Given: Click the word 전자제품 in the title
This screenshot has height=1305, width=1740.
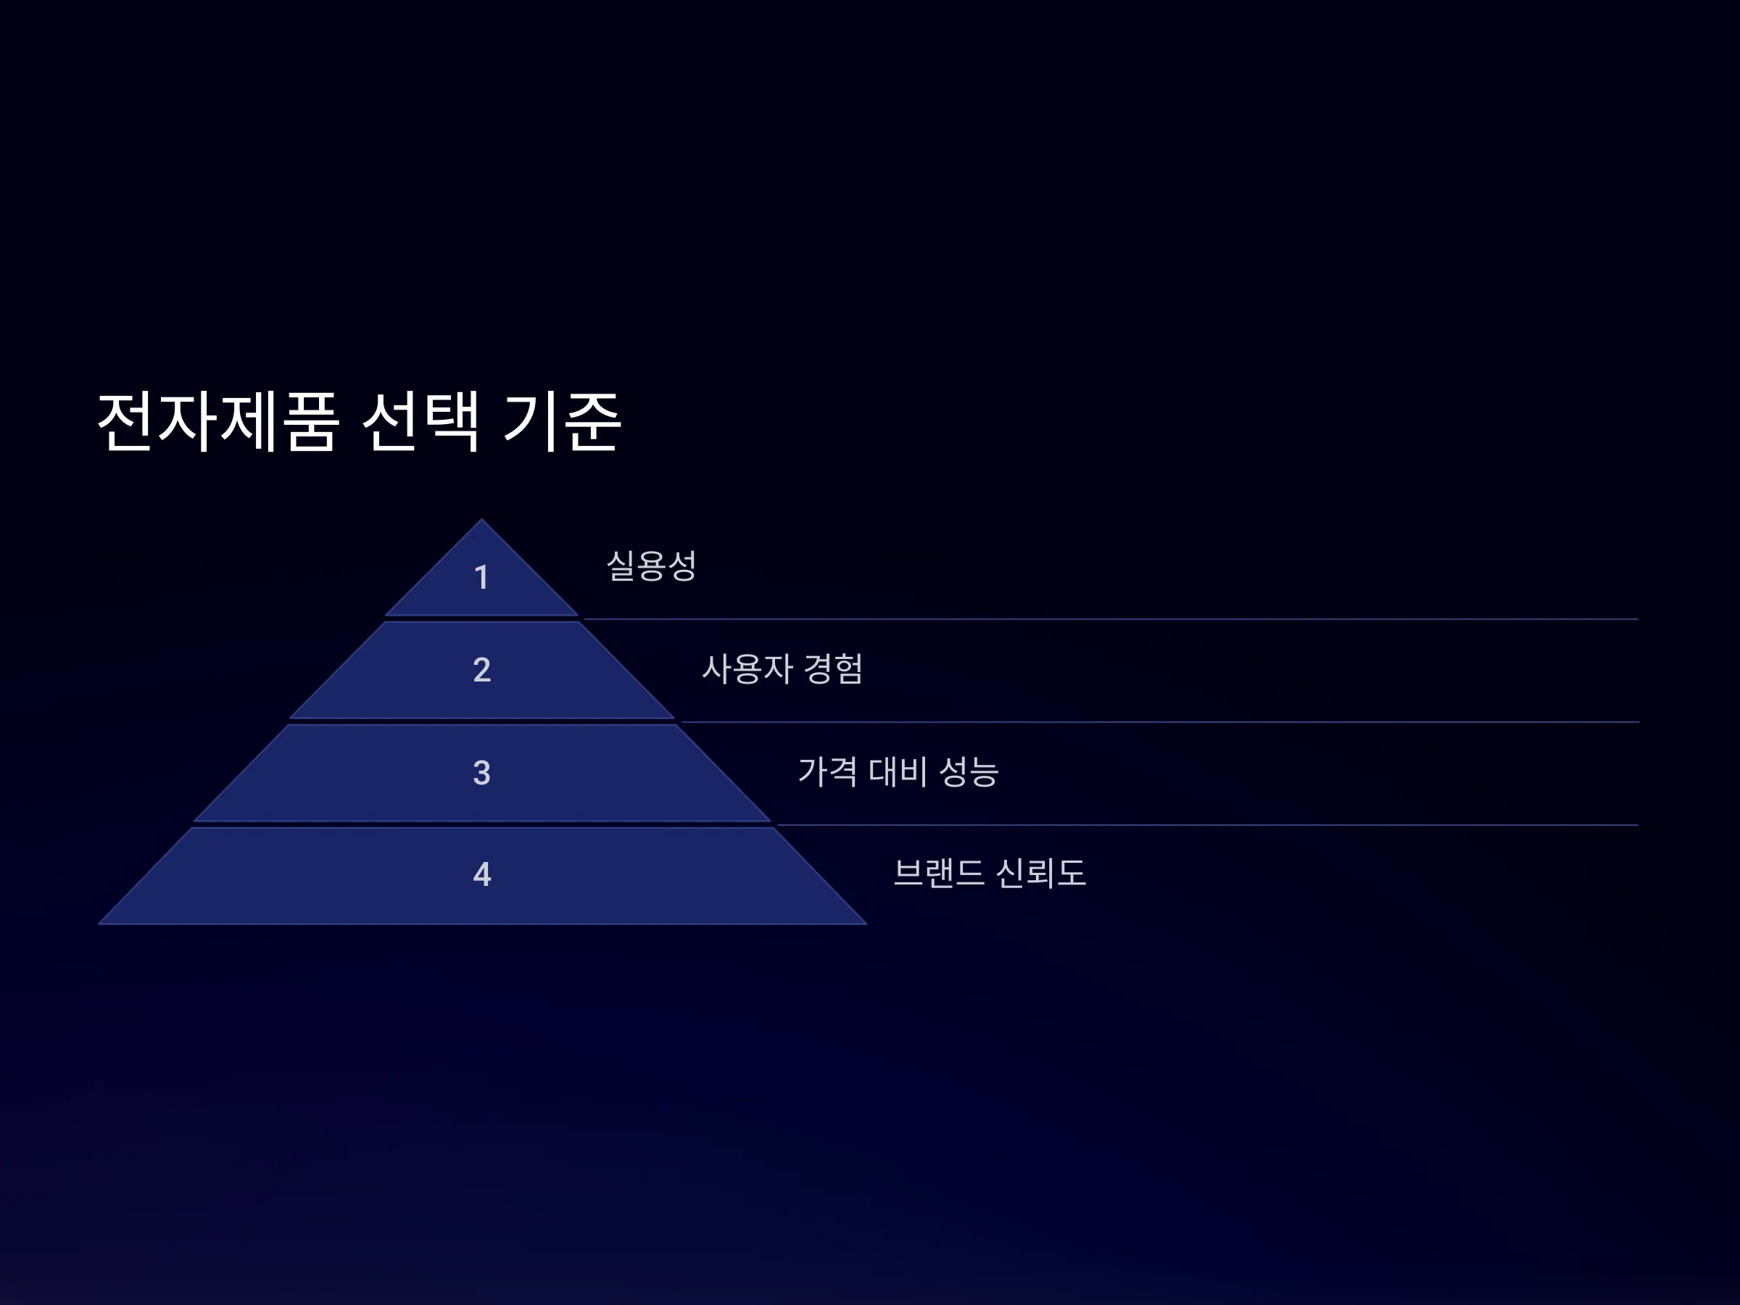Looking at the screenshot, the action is (218, 422).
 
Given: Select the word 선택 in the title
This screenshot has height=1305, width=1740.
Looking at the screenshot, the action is (420, 422).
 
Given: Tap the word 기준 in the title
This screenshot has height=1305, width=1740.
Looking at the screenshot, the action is (563, 422).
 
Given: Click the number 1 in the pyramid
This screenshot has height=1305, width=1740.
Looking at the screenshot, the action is (481, 577).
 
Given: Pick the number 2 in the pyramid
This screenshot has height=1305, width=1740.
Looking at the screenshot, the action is (481, 669).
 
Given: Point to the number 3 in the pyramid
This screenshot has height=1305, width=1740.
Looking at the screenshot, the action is (481, 772).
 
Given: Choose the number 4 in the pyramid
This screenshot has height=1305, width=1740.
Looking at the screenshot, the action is (481, 874).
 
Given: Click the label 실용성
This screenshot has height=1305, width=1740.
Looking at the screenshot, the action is (651, 565).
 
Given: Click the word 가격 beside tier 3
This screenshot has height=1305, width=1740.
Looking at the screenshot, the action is (827, 771).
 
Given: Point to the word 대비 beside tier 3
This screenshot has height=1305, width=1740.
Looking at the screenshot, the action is (898, 771).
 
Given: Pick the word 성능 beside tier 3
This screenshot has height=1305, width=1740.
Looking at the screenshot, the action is (969, 771).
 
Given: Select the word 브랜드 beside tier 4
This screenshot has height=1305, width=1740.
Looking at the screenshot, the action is (938, 873).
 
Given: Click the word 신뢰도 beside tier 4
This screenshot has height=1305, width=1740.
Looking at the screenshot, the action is (1040, 873).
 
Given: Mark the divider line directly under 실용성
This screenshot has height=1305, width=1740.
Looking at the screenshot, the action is (1111, 619).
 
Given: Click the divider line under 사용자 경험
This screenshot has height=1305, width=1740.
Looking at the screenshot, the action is (1159, 722).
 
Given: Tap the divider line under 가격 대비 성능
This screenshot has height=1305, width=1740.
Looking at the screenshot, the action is (1207, 825).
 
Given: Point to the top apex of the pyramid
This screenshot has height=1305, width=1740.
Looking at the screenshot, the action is (481, 519).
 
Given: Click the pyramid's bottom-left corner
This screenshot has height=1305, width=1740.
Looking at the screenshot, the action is (99, 924).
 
